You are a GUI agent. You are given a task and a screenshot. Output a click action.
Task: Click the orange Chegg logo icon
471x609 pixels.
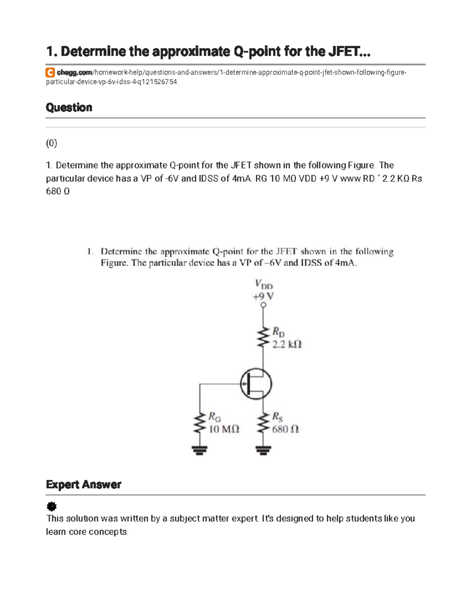pos(50,73)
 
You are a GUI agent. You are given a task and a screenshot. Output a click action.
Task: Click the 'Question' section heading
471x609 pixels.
pos(69,107)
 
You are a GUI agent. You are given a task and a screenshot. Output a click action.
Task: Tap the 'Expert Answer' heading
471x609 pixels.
pos(84,485)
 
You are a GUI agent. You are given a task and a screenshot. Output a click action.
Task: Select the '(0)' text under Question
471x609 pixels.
pos(51,144)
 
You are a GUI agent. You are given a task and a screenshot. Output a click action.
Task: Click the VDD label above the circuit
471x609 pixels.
pos(263,284)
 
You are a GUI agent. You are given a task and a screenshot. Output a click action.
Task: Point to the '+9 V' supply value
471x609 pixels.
pos(263,296)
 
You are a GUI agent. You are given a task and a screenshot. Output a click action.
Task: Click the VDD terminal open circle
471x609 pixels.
pos(263,305)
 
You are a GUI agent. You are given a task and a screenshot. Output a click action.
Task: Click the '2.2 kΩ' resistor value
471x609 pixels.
pos(287,344)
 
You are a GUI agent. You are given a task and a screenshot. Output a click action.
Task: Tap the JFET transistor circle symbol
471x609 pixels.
pos(256,384)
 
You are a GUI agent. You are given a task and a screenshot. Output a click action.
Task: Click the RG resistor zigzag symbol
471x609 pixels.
pos(200,422)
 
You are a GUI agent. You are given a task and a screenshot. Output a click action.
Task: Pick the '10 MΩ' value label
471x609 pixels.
pos(224,429)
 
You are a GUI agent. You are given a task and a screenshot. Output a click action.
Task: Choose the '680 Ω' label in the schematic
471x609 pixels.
pos(285,429)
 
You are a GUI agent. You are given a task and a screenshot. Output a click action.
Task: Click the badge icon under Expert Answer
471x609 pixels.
pos(51,506)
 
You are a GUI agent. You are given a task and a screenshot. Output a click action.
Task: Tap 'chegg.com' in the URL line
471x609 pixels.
pos(74,73)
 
